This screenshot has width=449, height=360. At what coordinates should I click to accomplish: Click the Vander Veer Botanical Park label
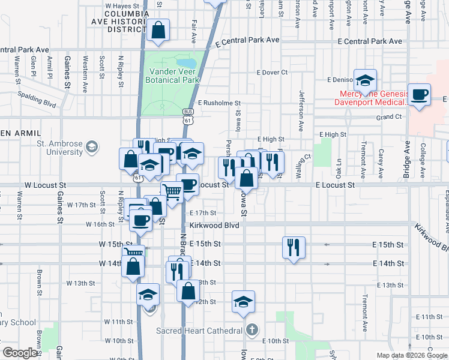click(x=173, y=76)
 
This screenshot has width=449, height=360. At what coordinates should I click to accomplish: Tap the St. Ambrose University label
click(x=59, y=148)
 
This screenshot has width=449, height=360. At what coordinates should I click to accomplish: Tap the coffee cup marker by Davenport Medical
click(x=420, y=95)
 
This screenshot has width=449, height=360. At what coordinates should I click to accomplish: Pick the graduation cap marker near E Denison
click(x=365, y=80)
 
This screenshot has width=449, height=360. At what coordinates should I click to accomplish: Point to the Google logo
click(x=21, y=353)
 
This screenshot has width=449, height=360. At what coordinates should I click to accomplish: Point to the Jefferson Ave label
click(x=301, y=111)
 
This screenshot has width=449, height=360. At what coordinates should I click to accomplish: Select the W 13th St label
click(x=82, y=283)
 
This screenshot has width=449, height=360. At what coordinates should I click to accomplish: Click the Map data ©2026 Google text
click(x=411, y=355)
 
